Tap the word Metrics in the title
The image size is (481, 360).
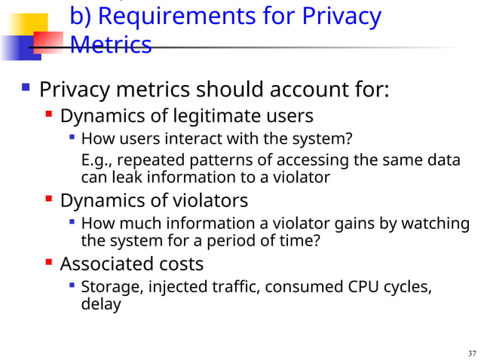click(110, 45)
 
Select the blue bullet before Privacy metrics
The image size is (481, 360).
click(26, 90)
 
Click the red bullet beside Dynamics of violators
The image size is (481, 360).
click(49, 200)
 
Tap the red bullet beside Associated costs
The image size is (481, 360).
click(49, 264)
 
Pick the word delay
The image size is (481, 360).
click(100, 305)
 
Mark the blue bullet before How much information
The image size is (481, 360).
click(71, 223)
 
